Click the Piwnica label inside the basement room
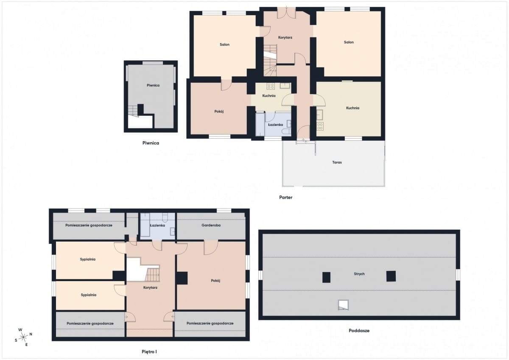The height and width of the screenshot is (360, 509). [x=153, y=85]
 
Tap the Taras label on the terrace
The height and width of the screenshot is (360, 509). [x=337, y=162]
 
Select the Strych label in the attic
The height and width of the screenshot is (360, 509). [x=359, y=274]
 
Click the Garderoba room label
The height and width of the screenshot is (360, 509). [x=211, y=225]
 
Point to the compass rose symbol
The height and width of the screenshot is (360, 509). [x=23, y=337]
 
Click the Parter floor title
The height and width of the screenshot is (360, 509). [x=285, y=197]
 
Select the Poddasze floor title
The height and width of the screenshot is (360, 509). [x=359, y=331]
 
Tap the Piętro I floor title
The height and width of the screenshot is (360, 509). [x=149, y=352]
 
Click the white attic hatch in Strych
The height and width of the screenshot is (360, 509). [x=343, y=305]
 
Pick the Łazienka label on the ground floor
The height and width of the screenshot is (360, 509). [x=275, y=125]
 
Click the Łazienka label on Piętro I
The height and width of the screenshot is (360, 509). [x=157, y=225]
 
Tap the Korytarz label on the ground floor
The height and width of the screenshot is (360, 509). [x=285, y=37]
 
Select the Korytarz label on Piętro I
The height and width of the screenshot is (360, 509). [x=150, y=287]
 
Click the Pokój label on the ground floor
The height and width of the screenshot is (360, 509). [x=219, y=112]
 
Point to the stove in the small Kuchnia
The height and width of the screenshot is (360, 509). [x=271, y=86]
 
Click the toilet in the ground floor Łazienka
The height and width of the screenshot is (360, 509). [x=285, y=131]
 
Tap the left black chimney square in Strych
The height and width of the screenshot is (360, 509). [x=326, y=277]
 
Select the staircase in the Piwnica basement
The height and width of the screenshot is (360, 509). [x=133, y=111]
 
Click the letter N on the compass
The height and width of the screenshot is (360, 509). [x=31, y=334]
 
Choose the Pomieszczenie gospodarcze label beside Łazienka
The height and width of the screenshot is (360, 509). [x=89, y=225]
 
